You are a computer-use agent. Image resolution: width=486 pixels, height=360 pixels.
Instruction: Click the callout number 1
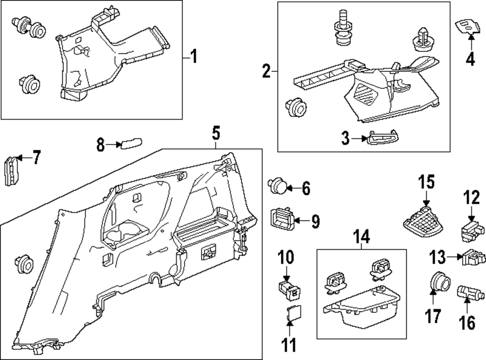(x=193, y=58)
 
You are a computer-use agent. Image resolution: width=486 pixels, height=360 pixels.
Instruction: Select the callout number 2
(x=266, y=71)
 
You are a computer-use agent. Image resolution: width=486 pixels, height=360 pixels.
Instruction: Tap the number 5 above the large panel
(x=216, y=132)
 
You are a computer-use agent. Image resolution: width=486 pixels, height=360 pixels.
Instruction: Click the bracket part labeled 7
(x=11, y=171)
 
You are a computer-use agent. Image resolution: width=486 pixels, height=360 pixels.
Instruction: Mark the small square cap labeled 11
(x=293, y=314)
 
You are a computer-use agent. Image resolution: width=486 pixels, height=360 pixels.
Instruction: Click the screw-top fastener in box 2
(x=342, y=30)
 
